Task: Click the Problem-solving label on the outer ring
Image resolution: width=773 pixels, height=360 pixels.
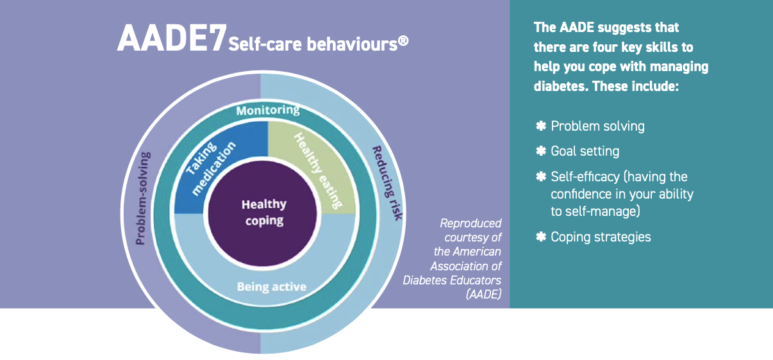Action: [144, 198]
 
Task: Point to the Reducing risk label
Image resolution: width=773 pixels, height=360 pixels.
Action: [386, 183]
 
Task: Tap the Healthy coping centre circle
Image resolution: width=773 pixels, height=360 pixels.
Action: [263, 212]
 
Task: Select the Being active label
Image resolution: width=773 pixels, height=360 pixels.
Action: [271, 286]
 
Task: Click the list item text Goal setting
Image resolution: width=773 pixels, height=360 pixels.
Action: [585, 152]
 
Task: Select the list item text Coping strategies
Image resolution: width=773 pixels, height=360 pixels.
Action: [601, 237]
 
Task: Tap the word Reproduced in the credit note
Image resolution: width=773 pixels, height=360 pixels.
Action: [470, 224]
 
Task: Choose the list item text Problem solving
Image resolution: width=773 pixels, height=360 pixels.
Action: [597, 126]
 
